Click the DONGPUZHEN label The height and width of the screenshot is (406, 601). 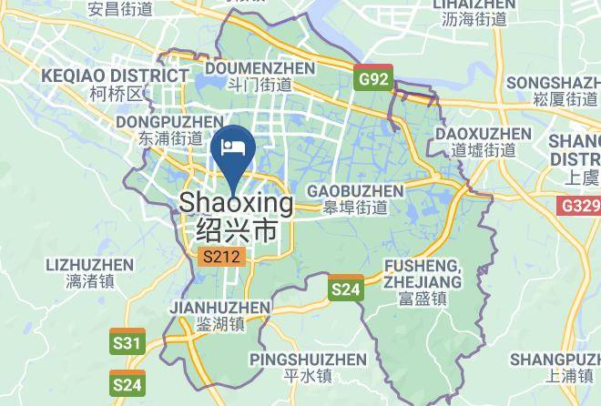(x=169, y=121)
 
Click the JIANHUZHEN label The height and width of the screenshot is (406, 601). (x=219, y=308)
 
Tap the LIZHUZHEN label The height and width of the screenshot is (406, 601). (x=87, y=265)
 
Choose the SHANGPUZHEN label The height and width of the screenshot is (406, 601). (x=554, y=358)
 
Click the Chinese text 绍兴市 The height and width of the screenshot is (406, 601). (x=237, y=230)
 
